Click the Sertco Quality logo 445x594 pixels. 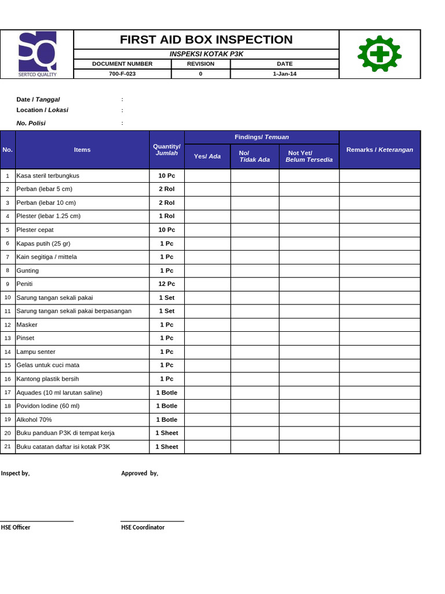37,54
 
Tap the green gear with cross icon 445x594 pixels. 380,53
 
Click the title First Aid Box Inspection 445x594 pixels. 206,39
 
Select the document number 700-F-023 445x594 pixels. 122,74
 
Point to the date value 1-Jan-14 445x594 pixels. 284,74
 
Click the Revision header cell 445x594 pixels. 200,64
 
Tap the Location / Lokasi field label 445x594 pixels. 42,110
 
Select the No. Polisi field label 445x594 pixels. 31,123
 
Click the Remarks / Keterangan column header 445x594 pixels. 380,150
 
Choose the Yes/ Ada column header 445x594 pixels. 207,156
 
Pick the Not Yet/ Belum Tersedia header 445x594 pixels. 308,156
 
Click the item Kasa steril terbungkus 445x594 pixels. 48,175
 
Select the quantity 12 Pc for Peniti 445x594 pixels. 166,284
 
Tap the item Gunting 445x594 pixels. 28,270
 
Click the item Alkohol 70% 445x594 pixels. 34,419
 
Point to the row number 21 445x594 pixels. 8,447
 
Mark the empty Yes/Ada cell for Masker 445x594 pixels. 207,325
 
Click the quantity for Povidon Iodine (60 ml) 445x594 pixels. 166,406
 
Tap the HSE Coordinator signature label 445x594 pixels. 143,527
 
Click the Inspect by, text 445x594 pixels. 15,473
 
